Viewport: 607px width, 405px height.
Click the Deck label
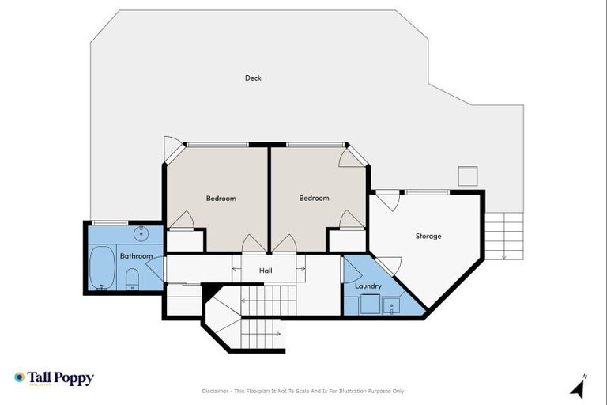tap(253, 78)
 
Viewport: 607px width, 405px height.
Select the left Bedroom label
tap(221, 199)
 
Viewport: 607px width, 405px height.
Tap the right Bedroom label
tap(314, 199)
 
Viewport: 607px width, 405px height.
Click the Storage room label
tap(428, 237)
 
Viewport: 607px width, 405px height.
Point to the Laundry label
tap(368, 286)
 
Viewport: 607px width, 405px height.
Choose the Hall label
tap(266, 271)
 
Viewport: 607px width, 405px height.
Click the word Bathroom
tap(136, 256)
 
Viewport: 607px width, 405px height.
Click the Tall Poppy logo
tap(54, 378)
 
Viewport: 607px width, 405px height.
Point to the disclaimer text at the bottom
tap(303, 391)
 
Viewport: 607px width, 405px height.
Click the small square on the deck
tap(469, 176)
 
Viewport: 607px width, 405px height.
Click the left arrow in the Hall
tap(235, 271)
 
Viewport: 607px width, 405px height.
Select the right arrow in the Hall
tap(301, 271)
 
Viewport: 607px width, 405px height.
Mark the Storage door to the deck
tap(386, 199)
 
